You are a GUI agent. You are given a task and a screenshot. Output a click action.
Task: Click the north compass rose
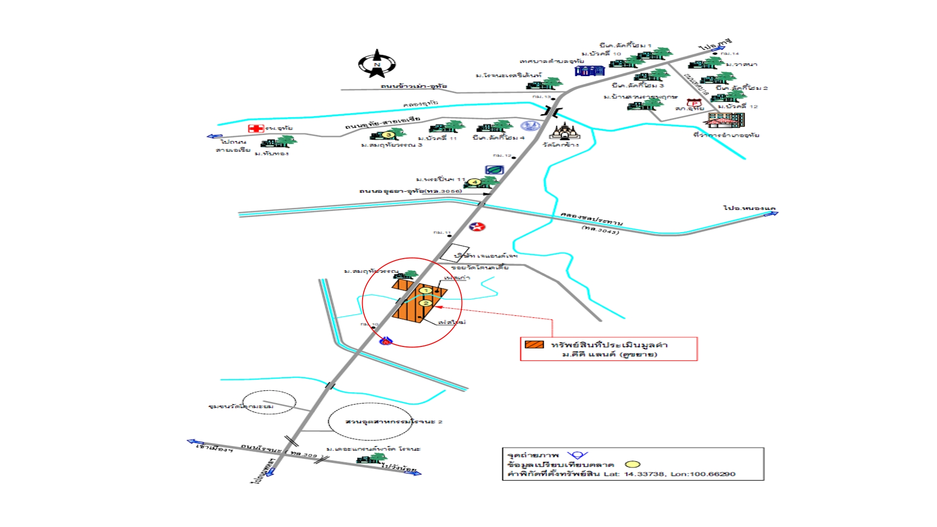[376, 64]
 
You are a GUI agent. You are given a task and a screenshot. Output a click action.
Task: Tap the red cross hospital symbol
[256, 128]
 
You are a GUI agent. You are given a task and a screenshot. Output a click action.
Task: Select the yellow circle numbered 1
[426, 291]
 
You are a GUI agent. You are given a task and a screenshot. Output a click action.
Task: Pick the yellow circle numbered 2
[426, 303]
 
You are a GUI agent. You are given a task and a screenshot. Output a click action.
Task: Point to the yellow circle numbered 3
[388, 135]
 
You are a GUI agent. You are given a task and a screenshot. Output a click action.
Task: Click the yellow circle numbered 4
[474, 182]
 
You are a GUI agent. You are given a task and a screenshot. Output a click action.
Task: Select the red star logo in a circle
[477, 227]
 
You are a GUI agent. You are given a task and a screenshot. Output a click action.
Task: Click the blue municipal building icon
[590, 71]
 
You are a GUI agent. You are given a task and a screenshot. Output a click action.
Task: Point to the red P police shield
[694, 103]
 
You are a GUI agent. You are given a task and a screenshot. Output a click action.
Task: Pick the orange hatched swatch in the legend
[534, 345]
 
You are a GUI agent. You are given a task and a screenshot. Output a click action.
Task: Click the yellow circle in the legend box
[632, 465]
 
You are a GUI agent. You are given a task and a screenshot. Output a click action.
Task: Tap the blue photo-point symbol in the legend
[577, 455]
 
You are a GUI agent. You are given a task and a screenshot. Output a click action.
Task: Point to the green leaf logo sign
[494, 170]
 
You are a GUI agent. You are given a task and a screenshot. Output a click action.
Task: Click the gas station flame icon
[386, 341]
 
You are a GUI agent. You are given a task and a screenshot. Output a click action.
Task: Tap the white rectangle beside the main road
[454, 252]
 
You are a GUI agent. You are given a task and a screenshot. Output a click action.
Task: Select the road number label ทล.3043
[600, 229]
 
